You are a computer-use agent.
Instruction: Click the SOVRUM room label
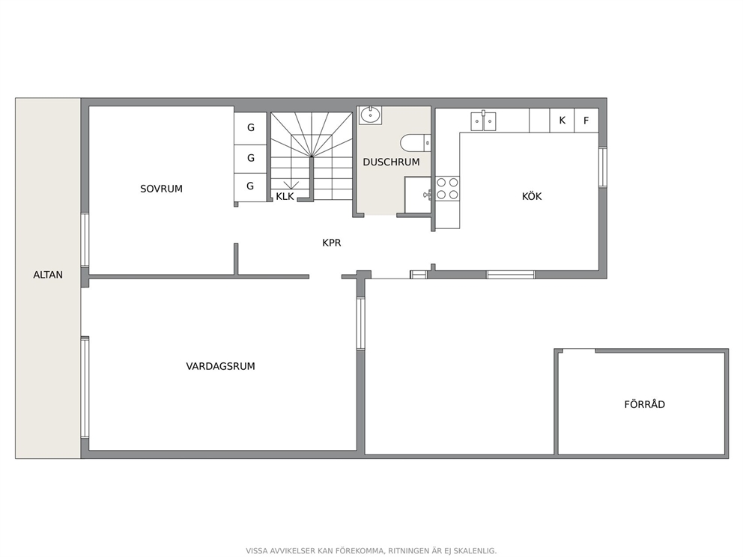pos(161,189)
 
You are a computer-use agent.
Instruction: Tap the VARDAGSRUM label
pos(220,366)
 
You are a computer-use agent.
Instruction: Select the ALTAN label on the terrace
pos(48,275)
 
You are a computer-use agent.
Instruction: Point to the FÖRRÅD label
pos(644,404)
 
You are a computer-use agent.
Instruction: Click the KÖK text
pos(532,195)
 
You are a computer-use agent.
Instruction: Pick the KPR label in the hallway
pos(332,243)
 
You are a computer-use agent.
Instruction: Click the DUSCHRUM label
pos(392,162)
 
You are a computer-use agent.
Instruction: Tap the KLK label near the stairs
pos(285,196)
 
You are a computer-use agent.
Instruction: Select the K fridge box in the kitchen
pos(562,121)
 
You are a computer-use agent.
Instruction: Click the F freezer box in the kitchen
pos(586,121)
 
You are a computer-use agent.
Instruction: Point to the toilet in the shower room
pos(416,142)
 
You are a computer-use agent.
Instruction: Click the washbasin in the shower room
pos(370,115)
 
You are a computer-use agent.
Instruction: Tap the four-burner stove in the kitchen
pos(447,189)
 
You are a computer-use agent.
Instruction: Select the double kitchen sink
pos(483,122)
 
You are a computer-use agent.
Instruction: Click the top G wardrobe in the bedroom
pos(250,127)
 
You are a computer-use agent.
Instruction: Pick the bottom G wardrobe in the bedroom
pos(250,186)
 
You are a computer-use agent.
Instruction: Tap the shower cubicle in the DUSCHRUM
pos(417,195)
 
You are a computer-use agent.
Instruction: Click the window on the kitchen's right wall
pos(603,167)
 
